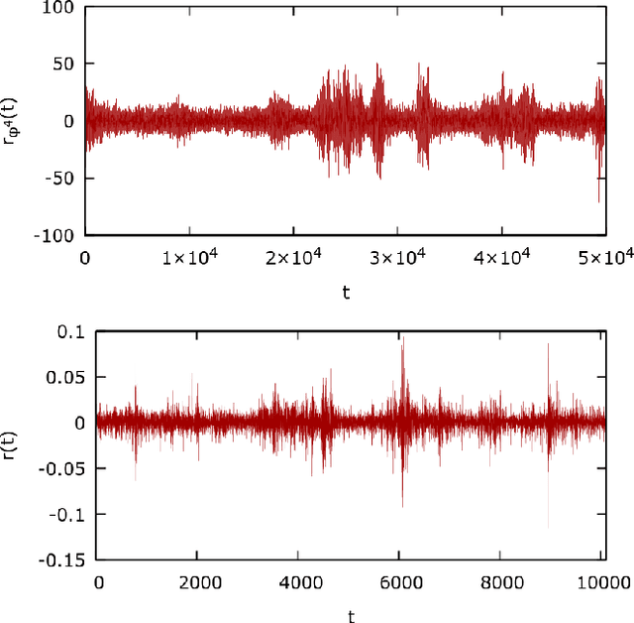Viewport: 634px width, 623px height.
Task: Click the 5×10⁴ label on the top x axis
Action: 605,259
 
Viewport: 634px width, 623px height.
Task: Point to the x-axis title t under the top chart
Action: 346,293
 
